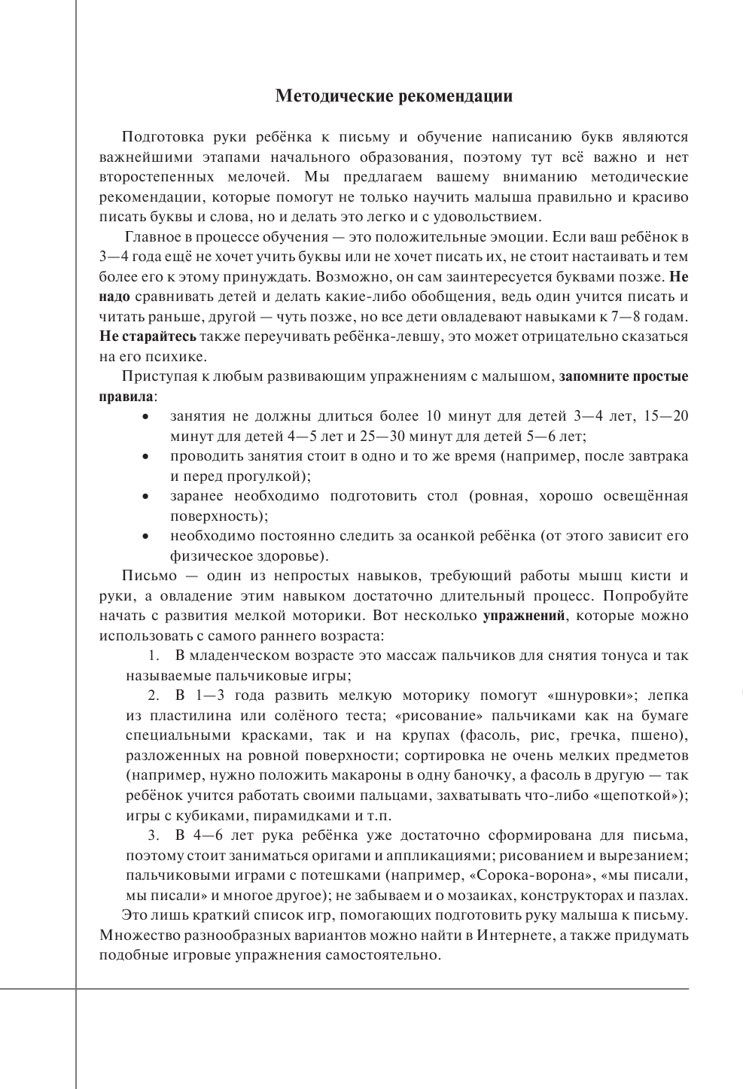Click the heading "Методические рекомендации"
coord(394,96)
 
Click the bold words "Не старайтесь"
coord(148,336)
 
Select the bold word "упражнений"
coord(523,615)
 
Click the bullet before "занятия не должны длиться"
coord(145,417)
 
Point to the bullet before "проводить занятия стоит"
coord(145,457)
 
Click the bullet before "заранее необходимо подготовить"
coord(145,497)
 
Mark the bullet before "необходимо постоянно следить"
coord(145,537)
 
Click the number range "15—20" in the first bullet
coord(666,416)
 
